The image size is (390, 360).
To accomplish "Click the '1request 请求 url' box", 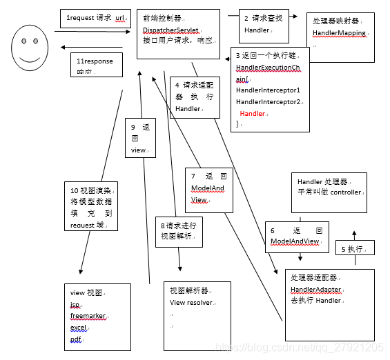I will tap(95, 18).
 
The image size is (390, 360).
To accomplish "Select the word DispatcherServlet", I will tap(170, 30).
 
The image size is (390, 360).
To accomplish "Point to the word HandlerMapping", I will tap(339, 32).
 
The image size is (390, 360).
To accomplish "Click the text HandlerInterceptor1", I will tap(268, 90).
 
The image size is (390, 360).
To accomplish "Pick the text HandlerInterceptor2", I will tap(268, 101).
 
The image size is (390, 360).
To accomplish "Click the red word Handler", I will tap(252, 113).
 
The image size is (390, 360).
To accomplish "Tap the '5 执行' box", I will tap(355, 248).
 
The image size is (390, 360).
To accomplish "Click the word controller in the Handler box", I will tap(345, 192).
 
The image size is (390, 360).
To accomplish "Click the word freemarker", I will tap(87, 316).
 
